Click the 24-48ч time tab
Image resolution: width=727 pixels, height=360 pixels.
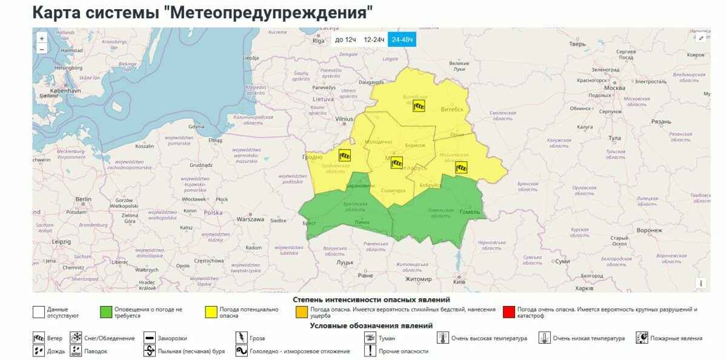coord(402,39)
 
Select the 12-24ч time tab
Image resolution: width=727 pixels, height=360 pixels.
coord(374,39)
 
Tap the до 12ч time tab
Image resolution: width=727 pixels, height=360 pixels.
coord(345,39)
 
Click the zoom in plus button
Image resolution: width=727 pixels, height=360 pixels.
coord(42,38)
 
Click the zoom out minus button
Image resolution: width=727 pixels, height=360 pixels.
coord(42,48)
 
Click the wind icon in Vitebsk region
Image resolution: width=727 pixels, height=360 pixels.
coord(419,106)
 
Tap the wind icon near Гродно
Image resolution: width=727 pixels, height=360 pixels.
coord(345,155)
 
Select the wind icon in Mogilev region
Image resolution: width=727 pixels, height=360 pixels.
coord(462,167)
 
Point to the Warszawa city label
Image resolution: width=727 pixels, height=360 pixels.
coord(251,219)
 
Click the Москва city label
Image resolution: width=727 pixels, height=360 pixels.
coord(614,88)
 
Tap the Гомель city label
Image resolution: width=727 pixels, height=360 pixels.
coord(470,212)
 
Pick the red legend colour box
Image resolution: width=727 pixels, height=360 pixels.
coord(508,312)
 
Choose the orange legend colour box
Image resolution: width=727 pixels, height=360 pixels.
coord(301,312)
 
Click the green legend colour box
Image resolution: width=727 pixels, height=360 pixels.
coord(105,312)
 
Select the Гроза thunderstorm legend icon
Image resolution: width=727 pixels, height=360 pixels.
coord(241,338)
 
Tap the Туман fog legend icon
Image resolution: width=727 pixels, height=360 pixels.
coord(369,338)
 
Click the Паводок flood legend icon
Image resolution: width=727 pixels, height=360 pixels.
coord(76,351)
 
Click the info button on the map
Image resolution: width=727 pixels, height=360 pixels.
coord(702,282)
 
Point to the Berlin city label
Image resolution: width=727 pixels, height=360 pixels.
coord(83,199)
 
